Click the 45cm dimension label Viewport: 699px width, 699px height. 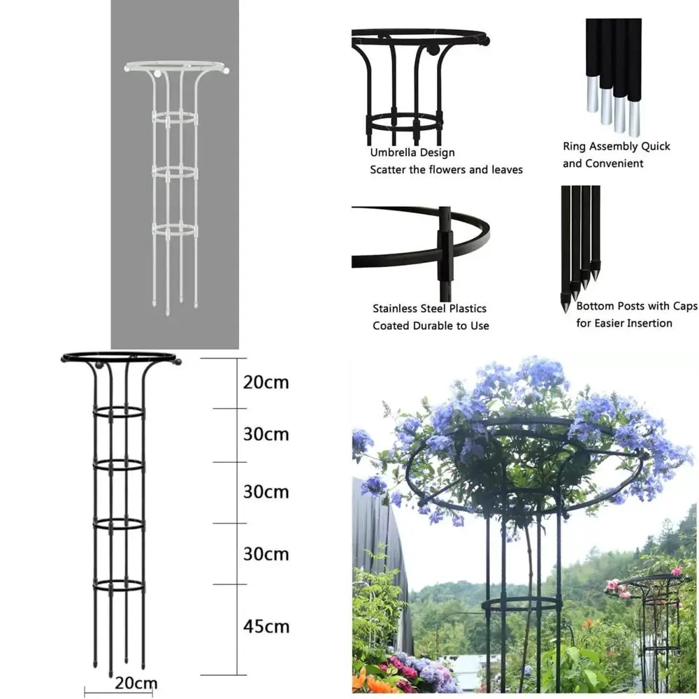pyautogui.click(x=266, y=626)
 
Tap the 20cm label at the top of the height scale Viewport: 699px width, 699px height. pyautogui.click(x=266, y=382)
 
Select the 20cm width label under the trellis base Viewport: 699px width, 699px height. pyautogui.click(x=136, y=683)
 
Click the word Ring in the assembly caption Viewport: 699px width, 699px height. pyautogui.click(x=575, y=146)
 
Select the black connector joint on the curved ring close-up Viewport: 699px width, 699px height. pyautogui.click(x=445, y=245)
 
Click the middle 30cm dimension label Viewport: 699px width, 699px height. pyautogui.click(x=266, y=491)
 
